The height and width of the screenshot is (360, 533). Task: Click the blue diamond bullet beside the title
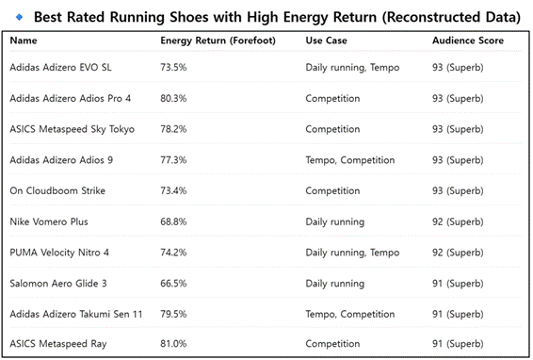[20, 17]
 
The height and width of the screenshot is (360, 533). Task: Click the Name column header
[24, 41]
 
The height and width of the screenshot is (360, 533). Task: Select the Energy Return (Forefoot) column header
[218, 41]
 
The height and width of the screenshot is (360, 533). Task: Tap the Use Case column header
[327, 41]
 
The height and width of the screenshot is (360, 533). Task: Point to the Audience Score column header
[468, 41]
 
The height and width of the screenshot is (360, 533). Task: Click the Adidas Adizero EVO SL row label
[60, 67]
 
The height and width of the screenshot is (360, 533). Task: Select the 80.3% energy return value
[173, 98]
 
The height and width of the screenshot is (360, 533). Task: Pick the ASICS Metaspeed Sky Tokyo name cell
[73, 129]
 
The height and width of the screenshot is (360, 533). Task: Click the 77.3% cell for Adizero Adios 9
[173, 160]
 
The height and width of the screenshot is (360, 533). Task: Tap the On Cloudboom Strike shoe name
[57, 191]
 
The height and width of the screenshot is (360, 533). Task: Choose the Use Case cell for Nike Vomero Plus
[335, 221]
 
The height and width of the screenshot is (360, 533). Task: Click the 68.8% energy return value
[173, 221]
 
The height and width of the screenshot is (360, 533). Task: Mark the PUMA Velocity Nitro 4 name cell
[59, 253]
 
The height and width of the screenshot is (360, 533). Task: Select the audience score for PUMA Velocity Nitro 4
[458, 253]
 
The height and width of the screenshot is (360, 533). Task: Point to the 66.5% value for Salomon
[173, 284]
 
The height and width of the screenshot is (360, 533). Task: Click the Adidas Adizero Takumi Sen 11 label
[75, 314]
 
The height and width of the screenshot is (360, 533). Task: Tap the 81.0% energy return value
[173, 344]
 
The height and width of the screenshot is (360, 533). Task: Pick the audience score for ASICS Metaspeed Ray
[458, 344]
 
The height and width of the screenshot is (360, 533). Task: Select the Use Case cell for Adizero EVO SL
[352, 67]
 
